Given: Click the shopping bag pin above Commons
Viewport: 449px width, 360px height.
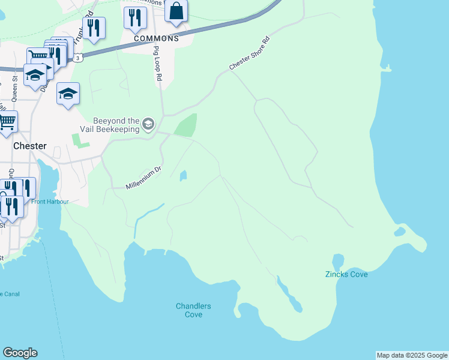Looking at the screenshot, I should (176, 11).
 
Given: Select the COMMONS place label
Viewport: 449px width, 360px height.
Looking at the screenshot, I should (157, 38).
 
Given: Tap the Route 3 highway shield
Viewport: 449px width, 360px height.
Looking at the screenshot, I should (78, 58).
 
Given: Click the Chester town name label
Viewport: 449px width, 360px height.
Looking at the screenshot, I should (29, 146).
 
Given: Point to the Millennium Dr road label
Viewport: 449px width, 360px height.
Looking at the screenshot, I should (144, 179).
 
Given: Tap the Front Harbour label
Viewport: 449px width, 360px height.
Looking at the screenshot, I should (50, 202).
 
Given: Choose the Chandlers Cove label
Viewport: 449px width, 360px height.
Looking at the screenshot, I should (193, 310).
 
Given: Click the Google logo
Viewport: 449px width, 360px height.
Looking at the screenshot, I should (20, 353).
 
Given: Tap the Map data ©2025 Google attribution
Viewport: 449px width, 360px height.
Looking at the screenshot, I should (412, 355).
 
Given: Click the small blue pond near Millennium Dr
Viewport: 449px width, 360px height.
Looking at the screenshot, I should (182, 175).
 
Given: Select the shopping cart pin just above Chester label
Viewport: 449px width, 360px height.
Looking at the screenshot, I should (7, 121).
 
